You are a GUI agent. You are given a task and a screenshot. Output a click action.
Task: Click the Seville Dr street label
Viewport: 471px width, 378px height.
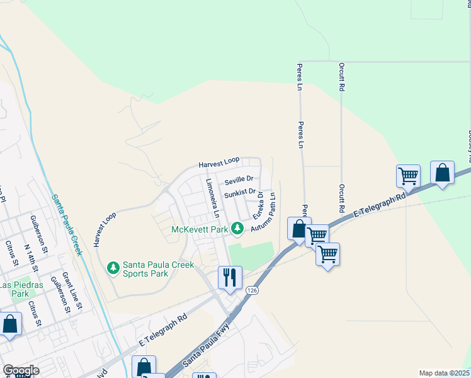239,180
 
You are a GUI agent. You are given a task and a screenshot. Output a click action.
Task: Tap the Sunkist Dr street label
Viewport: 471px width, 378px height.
239,192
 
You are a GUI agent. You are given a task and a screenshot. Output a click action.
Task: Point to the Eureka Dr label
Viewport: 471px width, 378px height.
257,206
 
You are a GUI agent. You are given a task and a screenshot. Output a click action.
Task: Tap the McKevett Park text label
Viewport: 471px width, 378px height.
200,229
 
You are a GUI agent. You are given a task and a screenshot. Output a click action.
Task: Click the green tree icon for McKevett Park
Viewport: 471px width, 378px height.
237,228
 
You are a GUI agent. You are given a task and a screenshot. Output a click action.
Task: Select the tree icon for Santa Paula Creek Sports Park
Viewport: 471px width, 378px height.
113,268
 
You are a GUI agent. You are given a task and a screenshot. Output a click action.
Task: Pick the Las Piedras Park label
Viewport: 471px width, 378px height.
23,289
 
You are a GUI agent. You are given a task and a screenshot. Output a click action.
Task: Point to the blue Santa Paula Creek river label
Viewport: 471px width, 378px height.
67,224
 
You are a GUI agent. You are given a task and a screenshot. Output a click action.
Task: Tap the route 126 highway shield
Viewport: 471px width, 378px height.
253,290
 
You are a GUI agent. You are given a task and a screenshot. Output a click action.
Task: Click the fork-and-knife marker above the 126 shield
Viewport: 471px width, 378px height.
230,277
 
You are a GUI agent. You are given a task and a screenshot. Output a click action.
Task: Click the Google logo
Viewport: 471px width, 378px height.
21,370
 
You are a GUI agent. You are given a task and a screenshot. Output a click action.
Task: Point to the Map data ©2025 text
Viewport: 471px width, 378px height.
444,373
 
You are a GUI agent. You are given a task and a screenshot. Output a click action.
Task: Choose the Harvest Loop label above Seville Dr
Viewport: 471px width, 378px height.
220,164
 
